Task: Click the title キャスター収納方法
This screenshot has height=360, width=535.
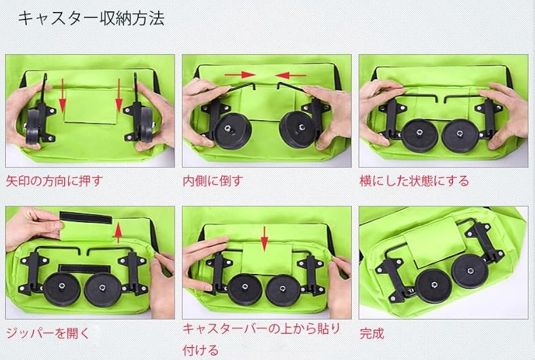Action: [91, 18]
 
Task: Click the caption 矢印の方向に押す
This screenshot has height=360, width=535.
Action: [54, 181]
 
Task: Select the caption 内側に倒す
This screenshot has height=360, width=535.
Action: [213, 181]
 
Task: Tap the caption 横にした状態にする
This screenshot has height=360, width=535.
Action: [414, 181]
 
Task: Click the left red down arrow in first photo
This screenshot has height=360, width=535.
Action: [63, 96]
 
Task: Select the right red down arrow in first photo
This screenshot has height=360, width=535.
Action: [119, 96]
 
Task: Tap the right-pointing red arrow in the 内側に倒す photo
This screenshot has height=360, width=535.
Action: [240, 75]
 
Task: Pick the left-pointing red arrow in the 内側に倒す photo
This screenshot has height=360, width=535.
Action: [291, 75]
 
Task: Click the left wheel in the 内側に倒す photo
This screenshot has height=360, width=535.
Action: [233, 131]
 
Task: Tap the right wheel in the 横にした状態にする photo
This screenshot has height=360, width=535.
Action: [460, 136]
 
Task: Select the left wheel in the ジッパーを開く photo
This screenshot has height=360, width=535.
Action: [62, 289]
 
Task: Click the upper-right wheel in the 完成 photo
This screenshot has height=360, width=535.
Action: [469, 271]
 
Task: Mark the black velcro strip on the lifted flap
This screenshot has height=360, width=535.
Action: [85, 218]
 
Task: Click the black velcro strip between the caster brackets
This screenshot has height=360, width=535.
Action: [84, 268]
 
